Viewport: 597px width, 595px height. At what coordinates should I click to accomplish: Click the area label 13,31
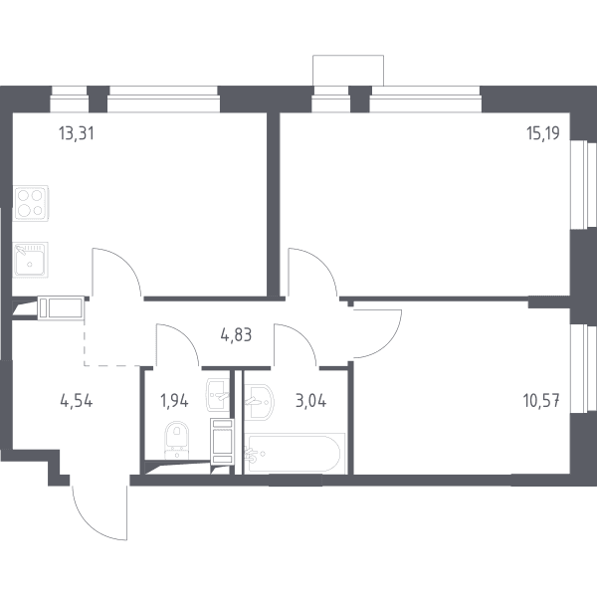coord(77,133)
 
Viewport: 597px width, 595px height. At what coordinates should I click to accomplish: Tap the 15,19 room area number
coord(543,133)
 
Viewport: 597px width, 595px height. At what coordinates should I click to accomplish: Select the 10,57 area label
coord(541,401)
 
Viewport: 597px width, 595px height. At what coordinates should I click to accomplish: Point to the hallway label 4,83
coord(236,335)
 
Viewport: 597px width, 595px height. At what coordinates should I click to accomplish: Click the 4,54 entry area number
coord(77,401)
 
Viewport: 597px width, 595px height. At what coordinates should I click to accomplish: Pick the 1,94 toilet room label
coord(174,401)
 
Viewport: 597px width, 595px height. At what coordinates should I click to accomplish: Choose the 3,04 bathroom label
coord(310,401)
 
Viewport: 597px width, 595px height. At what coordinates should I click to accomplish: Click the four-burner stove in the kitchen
coord(31,203)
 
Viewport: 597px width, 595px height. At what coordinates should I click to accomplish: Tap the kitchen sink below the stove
coord(30,260)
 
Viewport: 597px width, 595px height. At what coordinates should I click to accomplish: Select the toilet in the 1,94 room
coord(177,440)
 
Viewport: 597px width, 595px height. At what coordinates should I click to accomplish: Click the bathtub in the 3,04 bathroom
coord(295,454)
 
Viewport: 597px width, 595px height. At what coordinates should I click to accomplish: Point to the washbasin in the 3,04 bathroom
coord(259,402)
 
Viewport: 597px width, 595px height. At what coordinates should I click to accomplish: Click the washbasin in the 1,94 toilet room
coord(218,395)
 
